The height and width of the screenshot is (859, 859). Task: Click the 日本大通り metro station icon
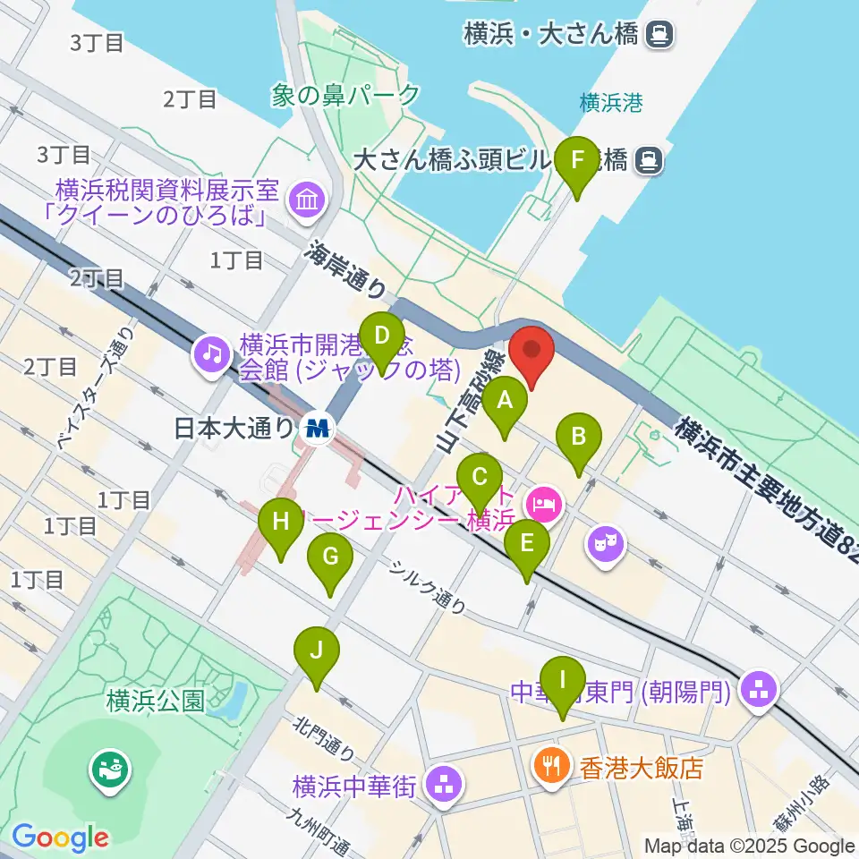pyautogui.click(x=317, y=429)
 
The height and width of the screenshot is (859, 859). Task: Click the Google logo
pyautogui.click(x=60, y=838)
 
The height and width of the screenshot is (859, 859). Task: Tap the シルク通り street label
pyautogui.click(x=427, y=588)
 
